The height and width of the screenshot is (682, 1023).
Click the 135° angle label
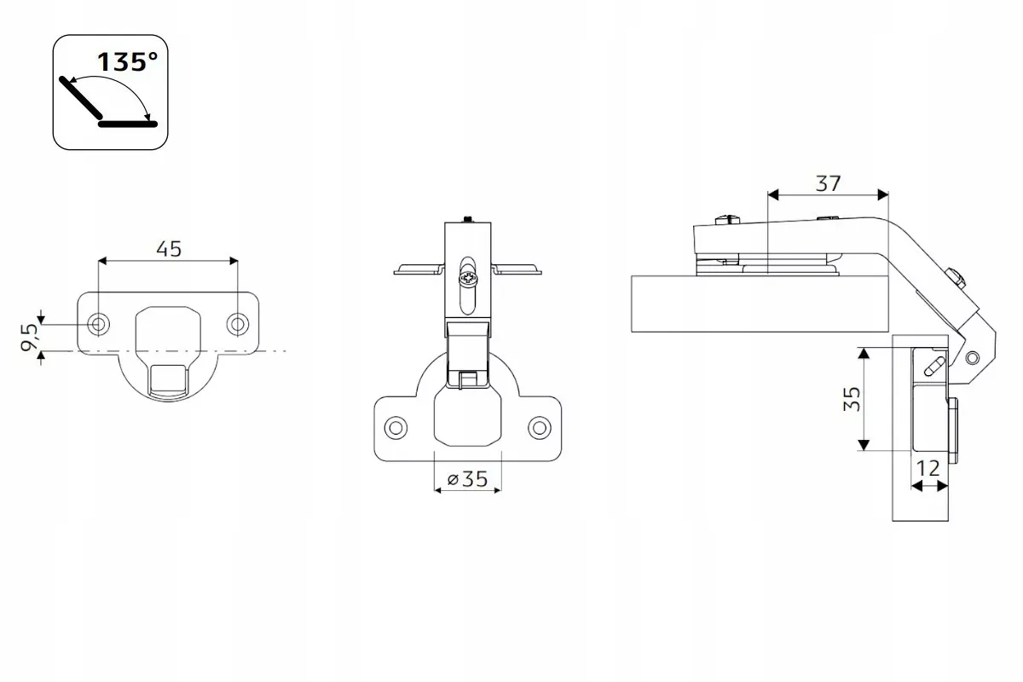pyautogui.click(x=127, y=62)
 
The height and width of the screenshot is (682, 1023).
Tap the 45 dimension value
pyautogui.click(x=169, y=249)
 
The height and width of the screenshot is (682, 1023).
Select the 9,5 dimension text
pyautogui.click(x=29, y=338)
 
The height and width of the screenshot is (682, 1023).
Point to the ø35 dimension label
pyautogui.click(x=468, y=479)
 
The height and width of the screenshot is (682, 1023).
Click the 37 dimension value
pyautogui.click(x=828, y=183)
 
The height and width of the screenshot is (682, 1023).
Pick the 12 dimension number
pyautogui.click(x=928, y=468)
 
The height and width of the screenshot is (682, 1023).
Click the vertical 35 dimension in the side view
pyautogui.click(x=852, y=399)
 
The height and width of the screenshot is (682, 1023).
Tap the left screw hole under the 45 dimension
pyautogui.click(x=98, y=324)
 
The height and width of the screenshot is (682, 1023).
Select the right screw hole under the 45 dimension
pyautogui.click(x=238, y=324)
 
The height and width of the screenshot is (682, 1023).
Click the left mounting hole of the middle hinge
pyautogui.click(x=396, y=428)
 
